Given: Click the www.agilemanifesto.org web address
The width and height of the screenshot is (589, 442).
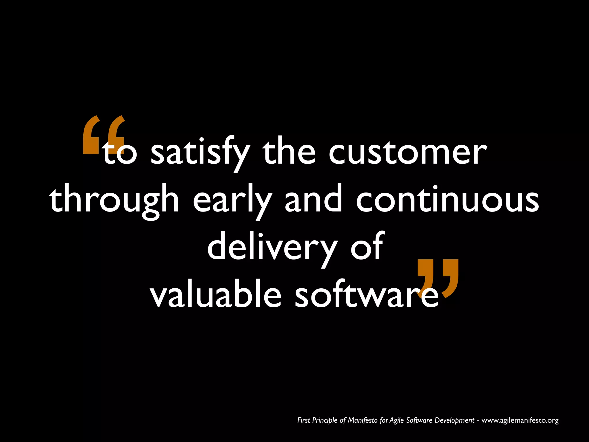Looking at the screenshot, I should point(520,420).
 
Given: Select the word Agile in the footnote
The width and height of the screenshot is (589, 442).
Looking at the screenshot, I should point(397,421).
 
